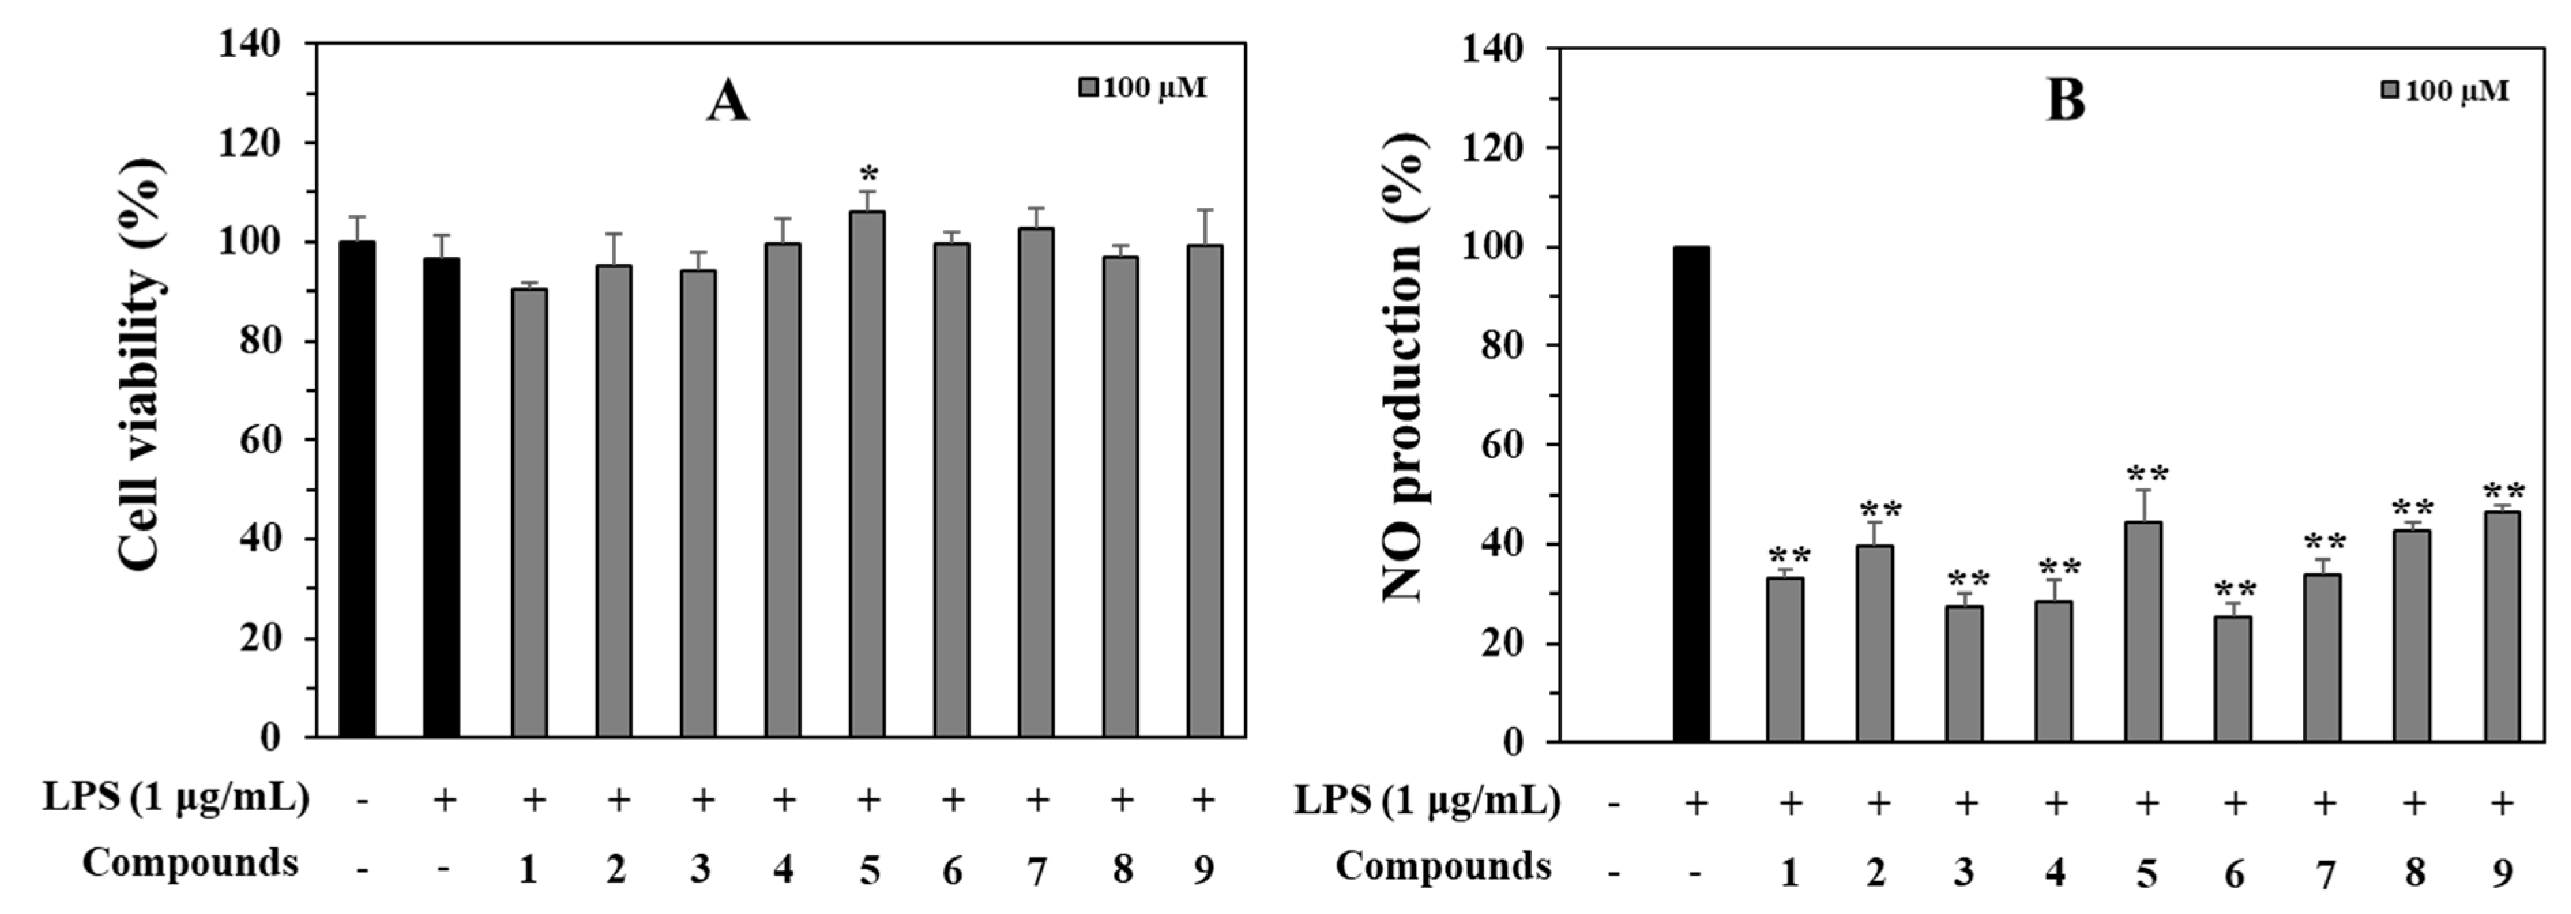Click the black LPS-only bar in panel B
click(x=1690, y=494)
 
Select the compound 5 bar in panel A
click(x=867, y=474)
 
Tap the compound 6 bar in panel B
click(x=2233, y=678)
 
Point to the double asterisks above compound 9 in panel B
click(x=2503, y=491)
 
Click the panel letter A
click(x=727, y=103)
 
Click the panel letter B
click(x=2065, y=101)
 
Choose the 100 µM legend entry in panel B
click(x=2444, y=91)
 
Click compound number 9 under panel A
click(x=1203, y=870)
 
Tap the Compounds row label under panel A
click(x=189, y=863)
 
